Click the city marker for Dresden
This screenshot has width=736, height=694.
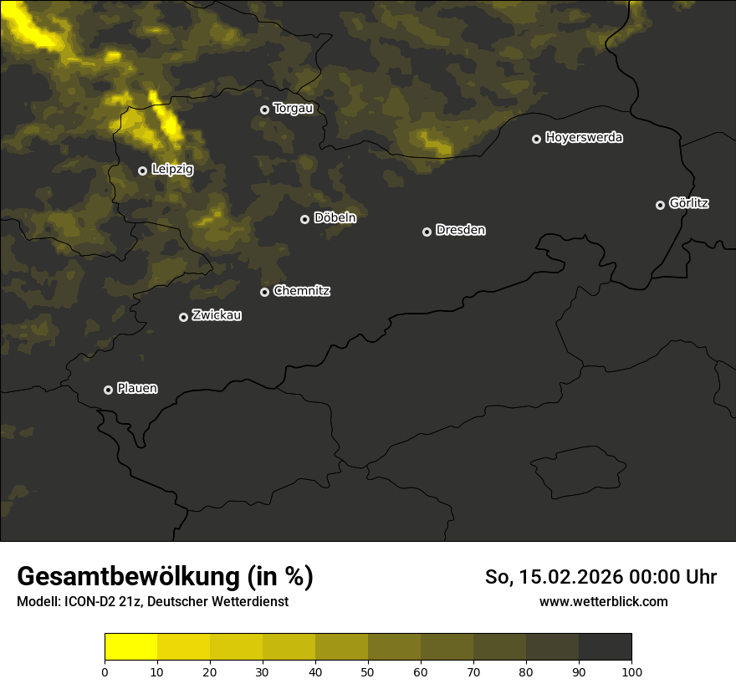pyautogui.click(x=427, y=232)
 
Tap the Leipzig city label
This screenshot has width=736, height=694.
pyautogui.click(x=172, y=170)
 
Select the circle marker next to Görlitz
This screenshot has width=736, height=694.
pyautogui.click(x=660, y=205)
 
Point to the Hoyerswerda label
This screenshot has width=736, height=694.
pyautogui.click(x=584, y=138)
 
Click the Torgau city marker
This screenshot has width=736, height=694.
pyautogui.click(x=264, y=110)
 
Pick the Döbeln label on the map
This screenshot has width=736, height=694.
pyautogui.click(x=335, y=218)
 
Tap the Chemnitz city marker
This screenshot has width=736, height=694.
pyautogui.click(x=264, y=292)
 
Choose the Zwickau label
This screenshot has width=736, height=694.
pyautogui.click(x=217, y=315)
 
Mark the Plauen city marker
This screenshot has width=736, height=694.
pyautogui.click(x=108, y=390)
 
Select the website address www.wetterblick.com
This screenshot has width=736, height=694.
pyautogui.click(x=604, y=602)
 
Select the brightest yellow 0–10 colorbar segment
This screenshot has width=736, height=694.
pyautogui.click(x=130, y=646)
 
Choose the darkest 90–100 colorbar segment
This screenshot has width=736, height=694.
pyautogui.click(x=605, y=646)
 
